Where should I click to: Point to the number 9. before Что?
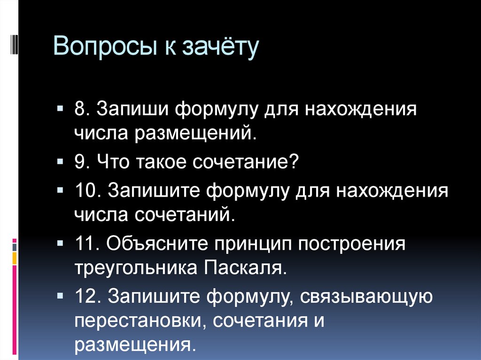(82, 162)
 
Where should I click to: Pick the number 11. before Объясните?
(86, 245)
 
